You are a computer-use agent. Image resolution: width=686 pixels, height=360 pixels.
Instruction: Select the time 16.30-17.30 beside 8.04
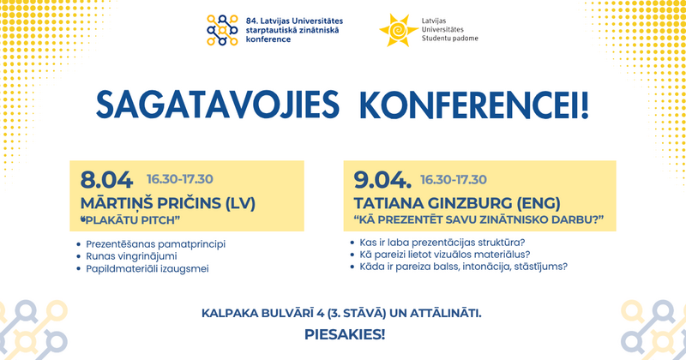point(179,179)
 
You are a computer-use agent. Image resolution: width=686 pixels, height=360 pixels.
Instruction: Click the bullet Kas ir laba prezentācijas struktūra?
point(444,242)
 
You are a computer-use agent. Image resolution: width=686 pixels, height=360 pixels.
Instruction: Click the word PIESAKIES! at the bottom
point(345,332)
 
